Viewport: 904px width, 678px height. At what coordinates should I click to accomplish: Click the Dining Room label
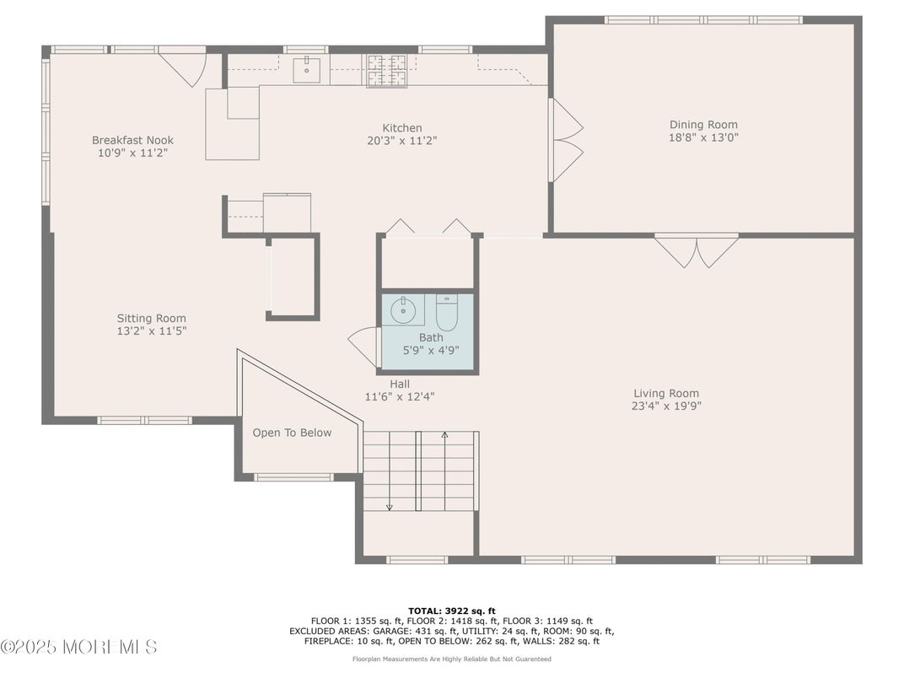coord(703,125)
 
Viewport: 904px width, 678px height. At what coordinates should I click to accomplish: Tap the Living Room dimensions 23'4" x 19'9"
coord(666,406)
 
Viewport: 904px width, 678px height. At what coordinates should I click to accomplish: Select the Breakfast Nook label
coord(132,140)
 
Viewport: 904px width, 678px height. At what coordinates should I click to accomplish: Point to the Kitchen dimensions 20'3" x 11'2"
coord(402,141)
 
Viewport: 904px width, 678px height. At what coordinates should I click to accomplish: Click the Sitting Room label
coord(151,318)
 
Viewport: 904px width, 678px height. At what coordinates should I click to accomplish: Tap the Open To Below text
coord(292,433)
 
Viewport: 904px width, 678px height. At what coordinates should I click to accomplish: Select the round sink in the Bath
coord(405,310)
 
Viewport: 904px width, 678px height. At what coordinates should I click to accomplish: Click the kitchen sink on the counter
coord(305,70)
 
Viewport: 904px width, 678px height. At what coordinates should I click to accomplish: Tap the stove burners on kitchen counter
coord(386,71)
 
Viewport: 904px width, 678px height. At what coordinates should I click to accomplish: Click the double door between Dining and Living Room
coord(697,250)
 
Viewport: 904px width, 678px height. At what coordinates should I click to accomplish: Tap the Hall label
coord(399,384)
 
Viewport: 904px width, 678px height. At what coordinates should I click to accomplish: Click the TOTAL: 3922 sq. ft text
coord(452,610)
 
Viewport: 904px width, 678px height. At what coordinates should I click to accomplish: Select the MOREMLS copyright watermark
coord(78,648)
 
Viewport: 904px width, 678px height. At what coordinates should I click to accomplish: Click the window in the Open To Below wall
coord(293,477)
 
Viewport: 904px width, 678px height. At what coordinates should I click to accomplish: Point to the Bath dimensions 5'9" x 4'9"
coord(430,350)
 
